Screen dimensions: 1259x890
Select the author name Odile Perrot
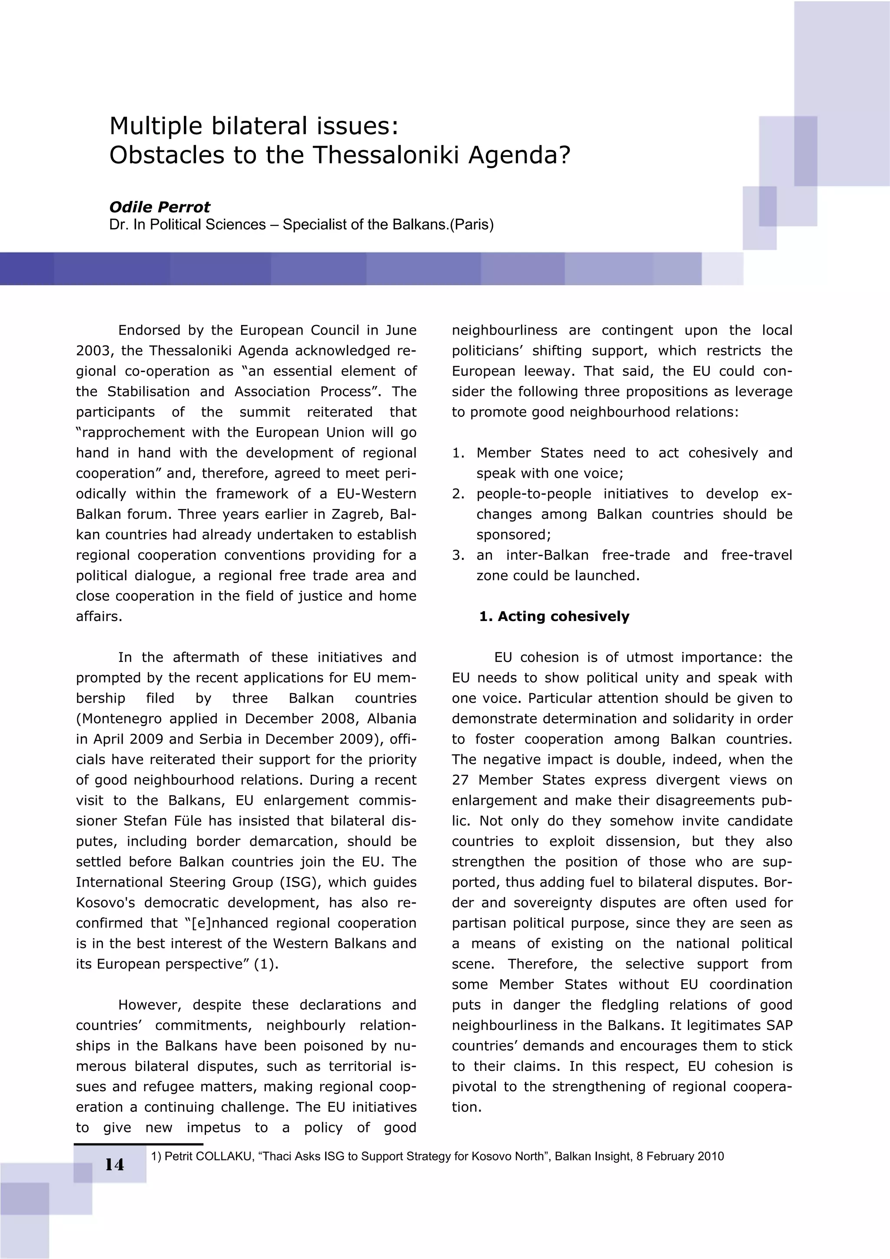pyautogui.click(x=159, y=207)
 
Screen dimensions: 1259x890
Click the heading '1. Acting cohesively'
pyautogui.click(x=554, y=616)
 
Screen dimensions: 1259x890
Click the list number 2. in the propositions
pyautogui.click(x=458, y=494)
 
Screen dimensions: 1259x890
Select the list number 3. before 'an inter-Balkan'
pyautogui.click(x=458, y=555)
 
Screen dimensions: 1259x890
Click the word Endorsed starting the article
pyautogui.click(x=149, y=330)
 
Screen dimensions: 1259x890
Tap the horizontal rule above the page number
pyautogui.click(x=138, y=1144)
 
